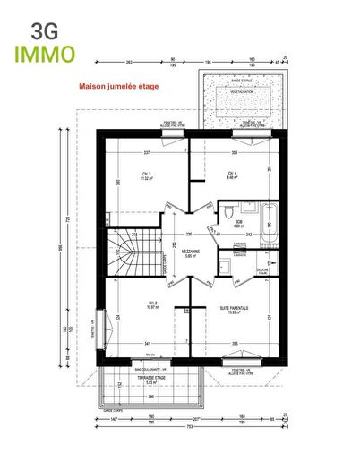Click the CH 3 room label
pos(143,175)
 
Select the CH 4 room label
pos(231,175)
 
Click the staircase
pos(130,253)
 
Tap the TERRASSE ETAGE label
pos(150,380)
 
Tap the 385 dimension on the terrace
pos(150,397)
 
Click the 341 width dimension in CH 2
pos(147,343)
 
